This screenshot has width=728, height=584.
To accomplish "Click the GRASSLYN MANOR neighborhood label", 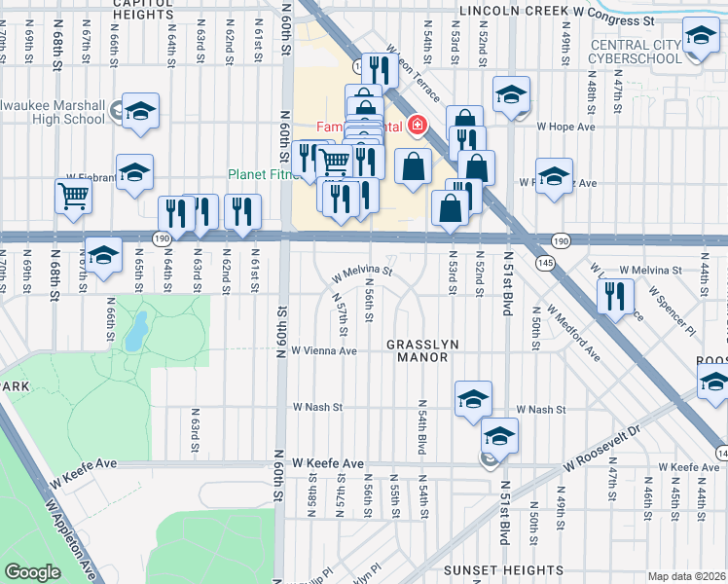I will click(417, 351).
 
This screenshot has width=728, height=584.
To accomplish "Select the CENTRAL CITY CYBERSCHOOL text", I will click(646, 51).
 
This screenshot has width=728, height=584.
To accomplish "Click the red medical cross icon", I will click(418, 125).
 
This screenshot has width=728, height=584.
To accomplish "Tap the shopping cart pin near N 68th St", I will click(74, 197).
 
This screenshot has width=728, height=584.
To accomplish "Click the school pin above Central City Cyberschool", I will click(698, 38).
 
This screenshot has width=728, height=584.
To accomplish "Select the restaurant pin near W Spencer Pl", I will click(615, 295).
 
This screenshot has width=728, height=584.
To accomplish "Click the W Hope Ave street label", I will click(565, 126).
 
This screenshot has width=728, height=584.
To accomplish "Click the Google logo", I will click(32, 572).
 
